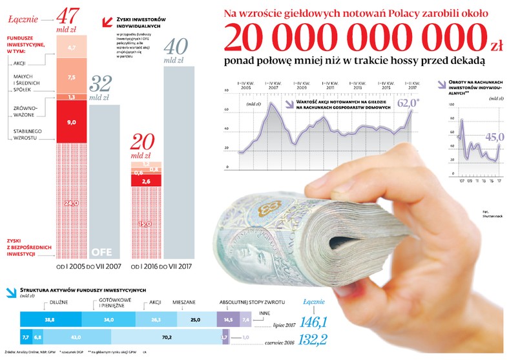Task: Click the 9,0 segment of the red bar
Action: pyautogui.click(x=72, y=122)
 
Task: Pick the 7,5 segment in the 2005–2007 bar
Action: pyautogui.click(x=72, y=77)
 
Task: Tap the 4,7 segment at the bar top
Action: pyautogui.click(x=72, y=47)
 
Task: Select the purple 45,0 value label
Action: pyautogui.click(x=495, y=136)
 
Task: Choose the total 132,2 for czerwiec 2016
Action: pyautogui.click(x=316, y=337)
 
